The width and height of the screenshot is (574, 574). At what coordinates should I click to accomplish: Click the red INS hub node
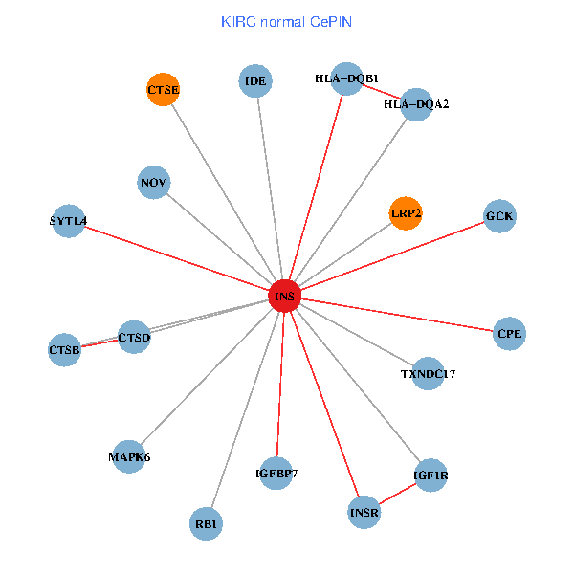285,297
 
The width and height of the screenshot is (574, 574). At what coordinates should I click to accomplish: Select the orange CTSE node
164,90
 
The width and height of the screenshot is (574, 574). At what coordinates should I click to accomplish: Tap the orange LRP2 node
406,213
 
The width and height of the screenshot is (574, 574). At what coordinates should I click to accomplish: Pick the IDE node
255,81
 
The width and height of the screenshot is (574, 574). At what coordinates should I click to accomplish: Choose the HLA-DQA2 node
416,103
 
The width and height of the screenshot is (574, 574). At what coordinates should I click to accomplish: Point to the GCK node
499,216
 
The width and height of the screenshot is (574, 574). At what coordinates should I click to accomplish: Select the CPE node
509,334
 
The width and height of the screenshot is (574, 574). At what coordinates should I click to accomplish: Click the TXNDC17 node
428,373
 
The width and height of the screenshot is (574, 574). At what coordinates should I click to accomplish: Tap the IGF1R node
430,475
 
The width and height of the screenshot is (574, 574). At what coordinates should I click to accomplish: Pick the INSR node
364,514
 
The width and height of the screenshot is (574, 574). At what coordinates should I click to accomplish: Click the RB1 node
207,523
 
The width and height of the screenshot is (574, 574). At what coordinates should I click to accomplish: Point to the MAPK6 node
129,456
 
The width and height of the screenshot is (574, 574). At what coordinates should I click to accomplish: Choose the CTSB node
65,350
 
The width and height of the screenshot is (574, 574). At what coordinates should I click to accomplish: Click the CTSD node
134,336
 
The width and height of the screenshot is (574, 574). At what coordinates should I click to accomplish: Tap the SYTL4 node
68,222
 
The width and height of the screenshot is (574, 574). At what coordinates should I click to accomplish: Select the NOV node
154,182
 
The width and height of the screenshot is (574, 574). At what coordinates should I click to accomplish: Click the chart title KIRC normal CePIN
286,21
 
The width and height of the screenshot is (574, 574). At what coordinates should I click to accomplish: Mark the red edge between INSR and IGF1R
398,494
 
